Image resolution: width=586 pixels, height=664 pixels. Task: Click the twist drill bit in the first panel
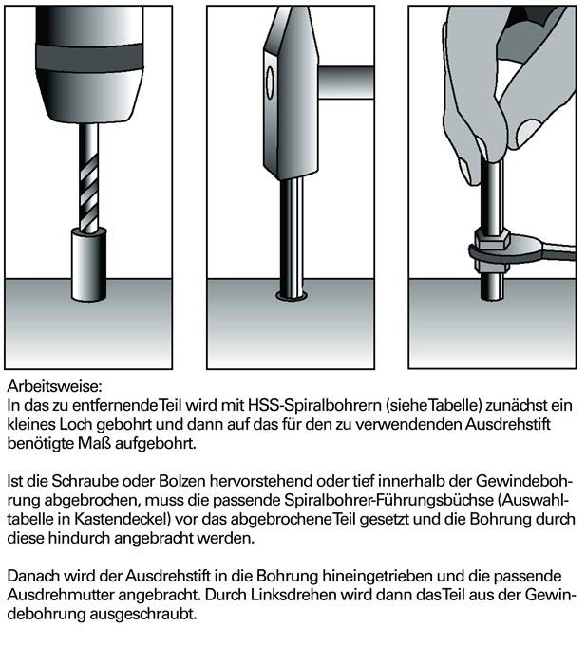tap(87, 179)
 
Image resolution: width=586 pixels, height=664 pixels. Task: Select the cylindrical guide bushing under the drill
tap(87, 251)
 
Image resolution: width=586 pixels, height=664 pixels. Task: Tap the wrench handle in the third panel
tap(556, 252)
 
